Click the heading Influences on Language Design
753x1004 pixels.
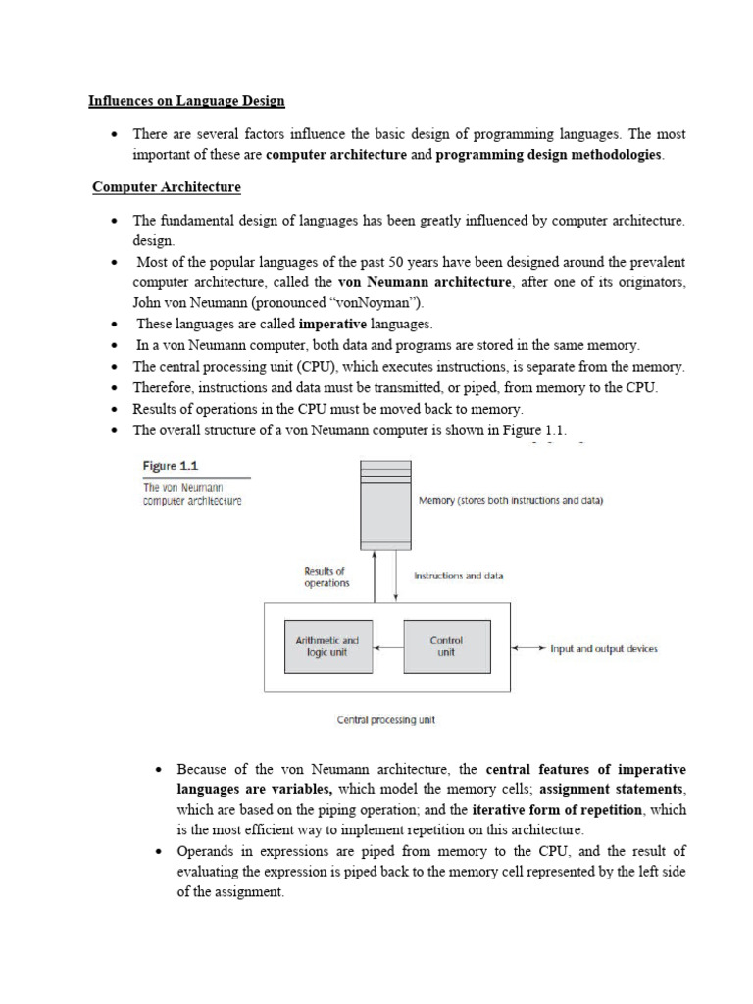[186, 100]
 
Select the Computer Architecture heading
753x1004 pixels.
[167, 186]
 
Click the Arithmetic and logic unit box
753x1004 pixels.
[327, 646]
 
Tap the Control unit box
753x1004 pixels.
[446, 646]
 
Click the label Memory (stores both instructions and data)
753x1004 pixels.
[511, 500]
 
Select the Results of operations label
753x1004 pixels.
[326, 577]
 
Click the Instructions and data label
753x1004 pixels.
[459, 576]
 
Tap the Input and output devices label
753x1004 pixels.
[603, 648]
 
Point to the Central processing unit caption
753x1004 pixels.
[385, 719]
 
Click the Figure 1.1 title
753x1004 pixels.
[172, 465]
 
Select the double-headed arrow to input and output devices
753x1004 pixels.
[528, 648]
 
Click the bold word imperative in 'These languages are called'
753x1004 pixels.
[332, 324]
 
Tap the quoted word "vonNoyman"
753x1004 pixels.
[377, 302]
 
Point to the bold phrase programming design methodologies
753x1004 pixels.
[548, 155]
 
